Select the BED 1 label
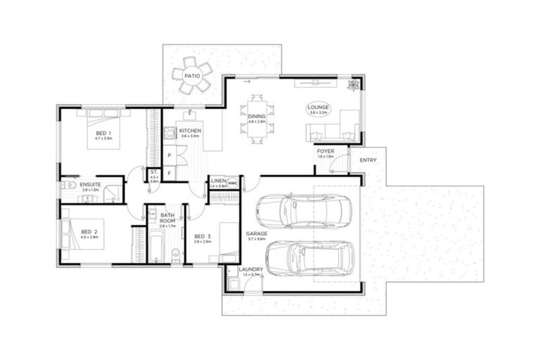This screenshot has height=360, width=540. [x=104, y=133]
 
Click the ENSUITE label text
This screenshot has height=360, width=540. [x=89, y=185]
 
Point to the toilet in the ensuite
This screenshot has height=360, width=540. [x=65, y=186]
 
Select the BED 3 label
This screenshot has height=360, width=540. [x=202, y=236]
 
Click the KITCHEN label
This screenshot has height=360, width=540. [x=190, y=131]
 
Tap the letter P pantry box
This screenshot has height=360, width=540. [x=169, y=154]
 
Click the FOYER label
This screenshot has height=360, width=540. [x=325, y=151]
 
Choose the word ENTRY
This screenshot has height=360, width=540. [x=368, y=160]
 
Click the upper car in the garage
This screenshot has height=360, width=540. [x=300, y=208]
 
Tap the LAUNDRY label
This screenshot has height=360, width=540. [x=250, y=269]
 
